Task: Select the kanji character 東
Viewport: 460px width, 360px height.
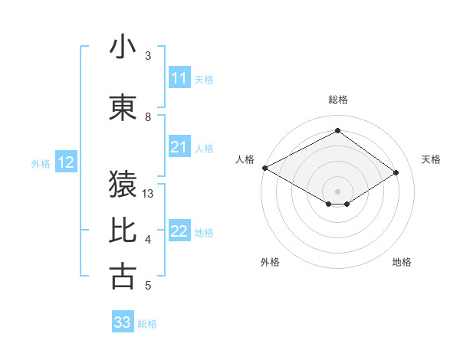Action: point(123,108)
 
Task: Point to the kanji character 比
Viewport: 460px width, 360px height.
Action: point(123,231)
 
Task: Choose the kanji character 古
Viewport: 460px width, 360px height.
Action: point(123,277)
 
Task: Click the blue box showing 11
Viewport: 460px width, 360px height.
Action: point(179,78)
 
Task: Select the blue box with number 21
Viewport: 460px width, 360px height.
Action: point(179,147)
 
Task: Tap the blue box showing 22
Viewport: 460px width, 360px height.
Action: point(179,231)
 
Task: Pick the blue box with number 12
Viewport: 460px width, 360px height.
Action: point(66,162)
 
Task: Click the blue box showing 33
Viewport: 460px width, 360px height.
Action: point(122,322)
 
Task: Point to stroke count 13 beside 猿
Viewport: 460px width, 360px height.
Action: point(149,194)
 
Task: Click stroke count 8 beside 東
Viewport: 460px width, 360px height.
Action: point(148,117)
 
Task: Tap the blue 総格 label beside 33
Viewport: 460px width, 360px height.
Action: point(147,324)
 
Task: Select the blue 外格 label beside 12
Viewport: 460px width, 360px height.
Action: point(41,163)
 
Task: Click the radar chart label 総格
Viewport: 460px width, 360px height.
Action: point(337,100)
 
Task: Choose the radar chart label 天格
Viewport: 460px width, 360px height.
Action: point(432,159)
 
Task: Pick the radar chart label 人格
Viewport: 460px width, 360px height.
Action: point(245,159)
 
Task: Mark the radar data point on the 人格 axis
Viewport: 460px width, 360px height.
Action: point(264,168)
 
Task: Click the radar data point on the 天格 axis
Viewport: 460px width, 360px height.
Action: point(396,173)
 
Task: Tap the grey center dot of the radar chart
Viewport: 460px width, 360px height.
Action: point(337,190)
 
